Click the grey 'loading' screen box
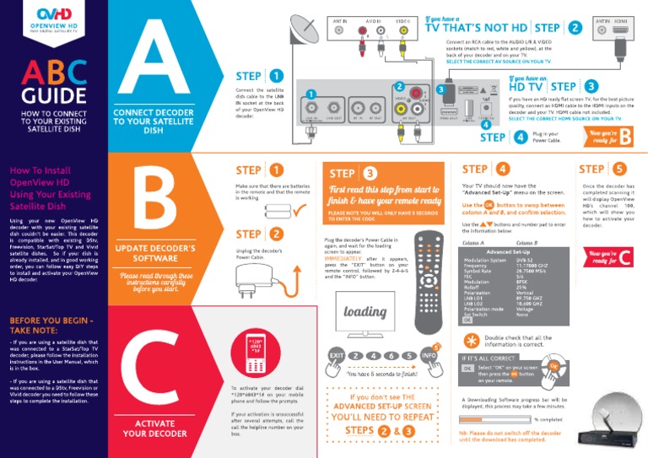[364, 311]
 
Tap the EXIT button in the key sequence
[335, 355]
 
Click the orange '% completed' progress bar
[496, 418]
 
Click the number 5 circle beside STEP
[620, 170]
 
